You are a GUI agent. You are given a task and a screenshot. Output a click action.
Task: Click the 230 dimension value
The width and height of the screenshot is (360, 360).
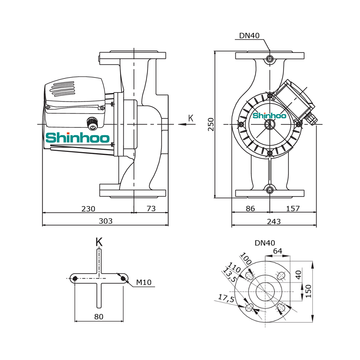88,209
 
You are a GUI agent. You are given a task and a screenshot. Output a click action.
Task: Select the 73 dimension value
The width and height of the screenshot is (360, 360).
151,209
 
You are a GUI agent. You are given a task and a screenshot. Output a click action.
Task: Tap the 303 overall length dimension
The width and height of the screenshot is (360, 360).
106,221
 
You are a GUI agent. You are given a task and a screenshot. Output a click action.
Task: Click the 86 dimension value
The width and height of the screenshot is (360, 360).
250,209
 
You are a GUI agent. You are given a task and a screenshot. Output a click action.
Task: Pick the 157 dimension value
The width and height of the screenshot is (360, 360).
293,209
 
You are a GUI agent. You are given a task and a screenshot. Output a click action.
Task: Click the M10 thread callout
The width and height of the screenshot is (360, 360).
144,283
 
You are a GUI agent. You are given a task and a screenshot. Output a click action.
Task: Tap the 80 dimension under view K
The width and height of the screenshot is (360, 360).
99,317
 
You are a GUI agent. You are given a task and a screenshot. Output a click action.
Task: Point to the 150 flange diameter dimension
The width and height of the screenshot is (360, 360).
308,292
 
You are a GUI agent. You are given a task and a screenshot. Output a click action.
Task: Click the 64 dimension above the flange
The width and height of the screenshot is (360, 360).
278,251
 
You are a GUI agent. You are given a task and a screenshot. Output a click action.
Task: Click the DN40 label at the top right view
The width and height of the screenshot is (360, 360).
249,36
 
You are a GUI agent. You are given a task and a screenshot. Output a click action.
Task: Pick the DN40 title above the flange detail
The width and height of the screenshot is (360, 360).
265,243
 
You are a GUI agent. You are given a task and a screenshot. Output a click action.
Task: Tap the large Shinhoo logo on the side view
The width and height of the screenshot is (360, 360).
78,138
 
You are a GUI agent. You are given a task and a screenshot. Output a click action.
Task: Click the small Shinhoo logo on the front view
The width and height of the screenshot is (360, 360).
269,116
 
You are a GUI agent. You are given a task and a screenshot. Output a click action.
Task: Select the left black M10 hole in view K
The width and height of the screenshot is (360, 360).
75,278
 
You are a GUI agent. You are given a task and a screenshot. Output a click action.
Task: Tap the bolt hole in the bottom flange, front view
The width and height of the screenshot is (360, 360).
270,190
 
